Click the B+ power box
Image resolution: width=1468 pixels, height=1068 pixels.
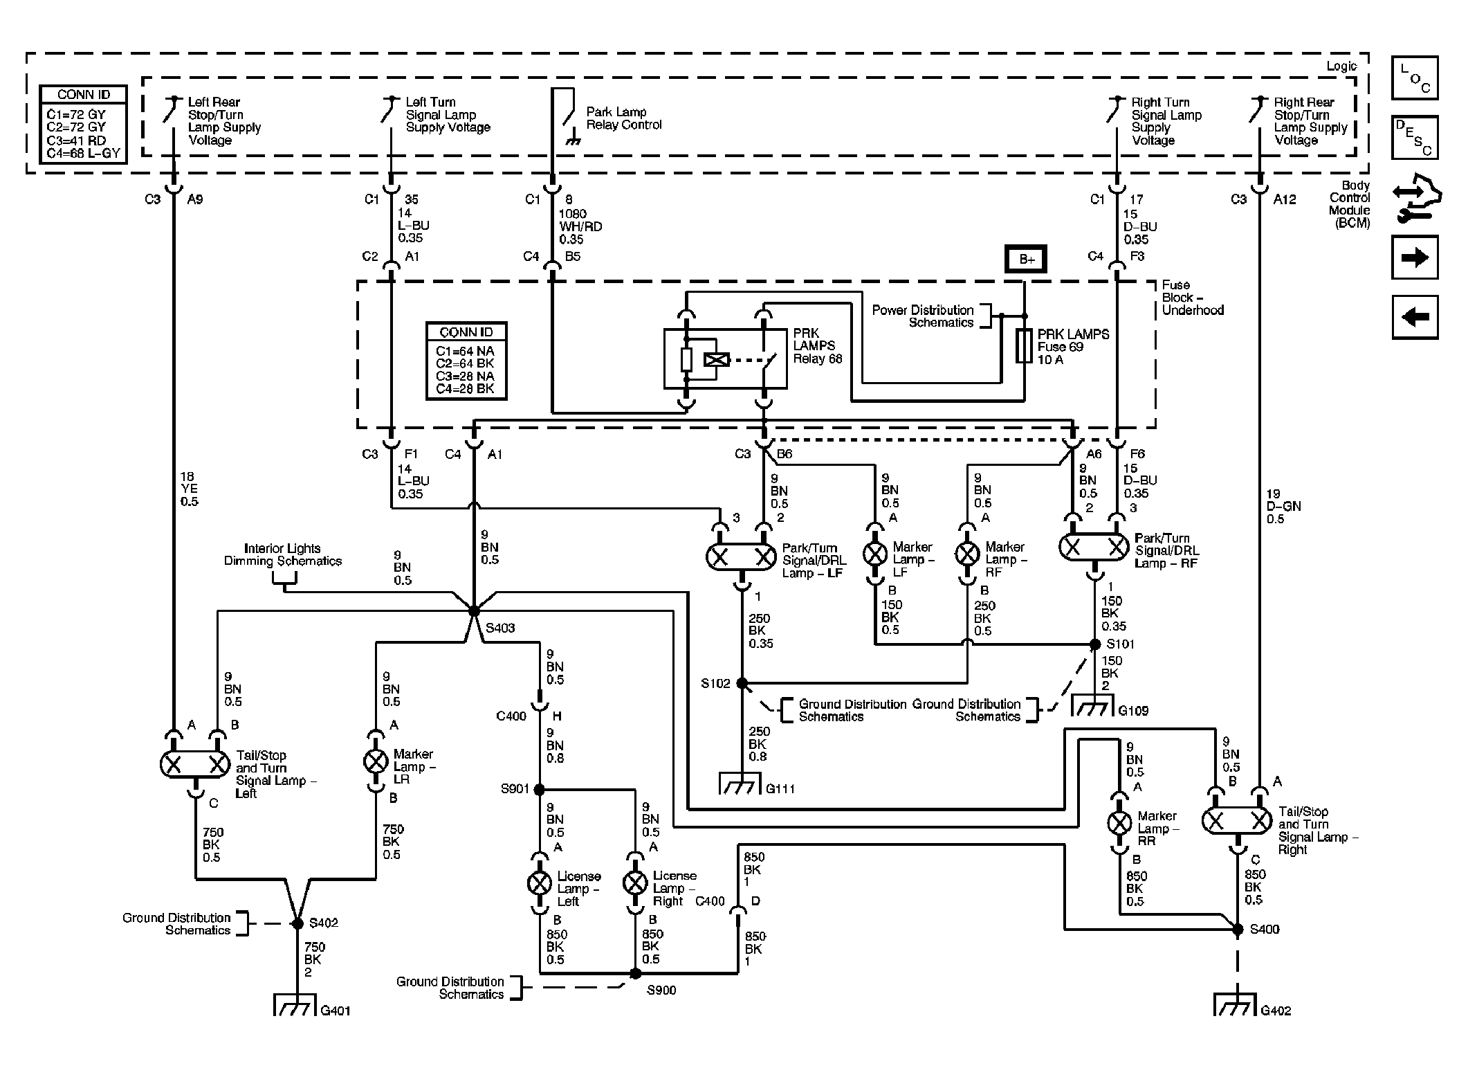(1026, 260)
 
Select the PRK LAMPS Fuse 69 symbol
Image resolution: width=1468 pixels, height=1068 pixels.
(1025, 346)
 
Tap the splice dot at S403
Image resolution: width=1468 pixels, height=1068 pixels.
(474, 611)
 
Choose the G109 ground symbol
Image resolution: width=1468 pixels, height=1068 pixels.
(1094, 705)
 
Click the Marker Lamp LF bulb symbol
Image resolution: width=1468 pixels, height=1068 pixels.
(875, 553)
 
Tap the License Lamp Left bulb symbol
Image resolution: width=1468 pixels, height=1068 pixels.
(540, 883)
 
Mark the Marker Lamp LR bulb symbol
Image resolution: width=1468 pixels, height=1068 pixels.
(376, 761)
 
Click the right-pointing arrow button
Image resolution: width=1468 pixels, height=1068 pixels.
(1415, 258)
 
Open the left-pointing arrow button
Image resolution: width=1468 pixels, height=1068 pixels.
(1415, 318)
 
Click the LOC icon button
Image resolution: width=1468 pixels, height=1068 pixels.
(1415, 78)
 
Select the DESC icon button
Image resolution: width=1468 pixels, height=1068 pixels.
(1415, 138)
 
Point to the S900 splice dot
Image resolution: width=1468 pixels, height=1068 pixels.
(635, 973)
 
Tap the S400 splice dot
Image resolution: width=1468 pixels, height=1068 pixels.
(1238, 930)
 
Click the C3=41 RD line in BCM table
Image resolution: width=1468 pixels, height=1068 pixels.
(77, 140)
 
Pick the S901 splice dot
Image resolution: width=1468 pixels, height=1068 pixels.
(539, 789)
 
